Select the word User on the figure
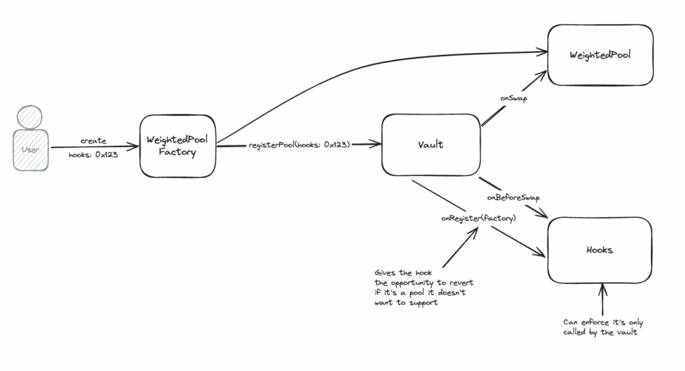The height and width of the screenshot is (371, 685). click(x=30, y=149)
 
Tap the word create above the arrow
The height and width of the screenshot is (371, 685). click(x=93, y=141)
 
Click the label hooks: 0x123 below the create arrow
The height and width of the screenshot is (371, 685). click(x=93, y=155)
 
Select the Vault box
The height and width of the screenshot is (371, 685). click(x=431, y=145)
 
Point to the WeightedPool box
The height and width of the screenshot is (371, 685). click(x=600, y=56)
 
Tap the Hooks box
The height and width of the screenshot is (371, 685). click(x=599, y=250)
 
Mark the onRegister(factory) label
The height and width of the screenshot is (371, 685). click(x=478, y=218)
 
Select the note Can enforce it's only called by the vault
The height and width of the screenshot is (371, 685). click(x=603, y=327)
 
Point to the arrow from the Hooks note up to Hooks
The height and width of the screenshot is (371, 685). click(x=602, y=300)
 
